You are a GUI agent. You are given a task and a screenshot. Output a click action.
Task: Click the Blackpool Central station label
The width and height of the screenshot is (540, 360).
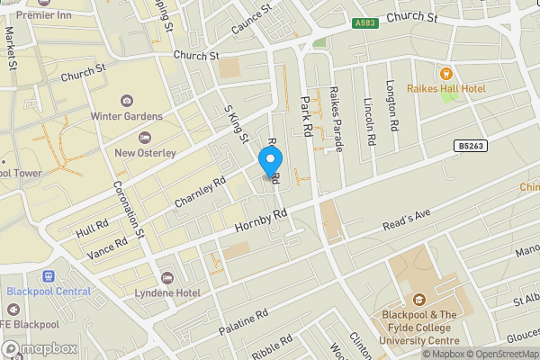(x=49, y=291)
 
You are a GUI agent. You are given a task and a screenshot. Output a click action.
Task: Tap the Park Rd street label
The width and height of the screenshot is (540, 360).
(x=306, y=116)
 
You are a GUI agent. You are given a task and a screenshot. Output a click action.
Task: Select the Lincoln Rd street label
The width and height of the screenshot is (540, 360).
(x=369, y=121)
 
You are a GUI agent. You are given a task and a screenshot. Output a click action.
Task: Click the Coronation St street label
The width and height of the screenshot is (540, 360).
(x=129, y=208)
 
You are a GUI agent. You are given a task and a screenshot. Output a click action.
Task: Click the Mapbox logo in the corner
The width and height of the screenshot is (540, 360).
(x=40, y=348)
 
